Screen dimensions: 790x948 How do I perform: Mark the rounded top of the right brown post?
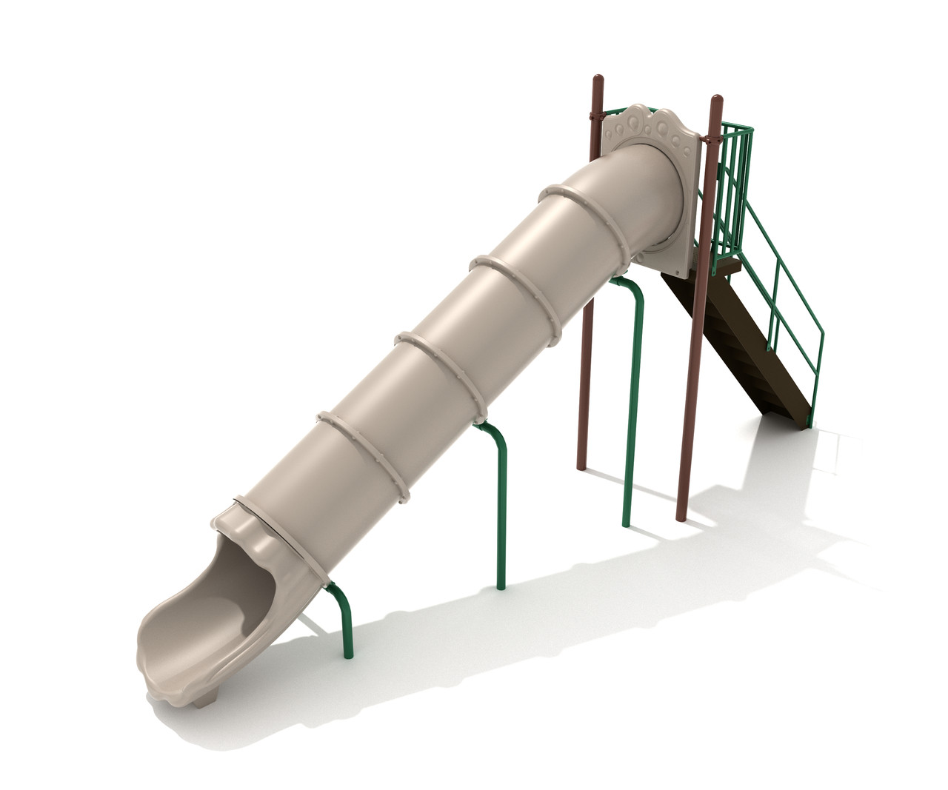716,100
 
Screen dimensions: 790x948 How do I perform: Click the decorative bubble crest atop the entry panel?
652,123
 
